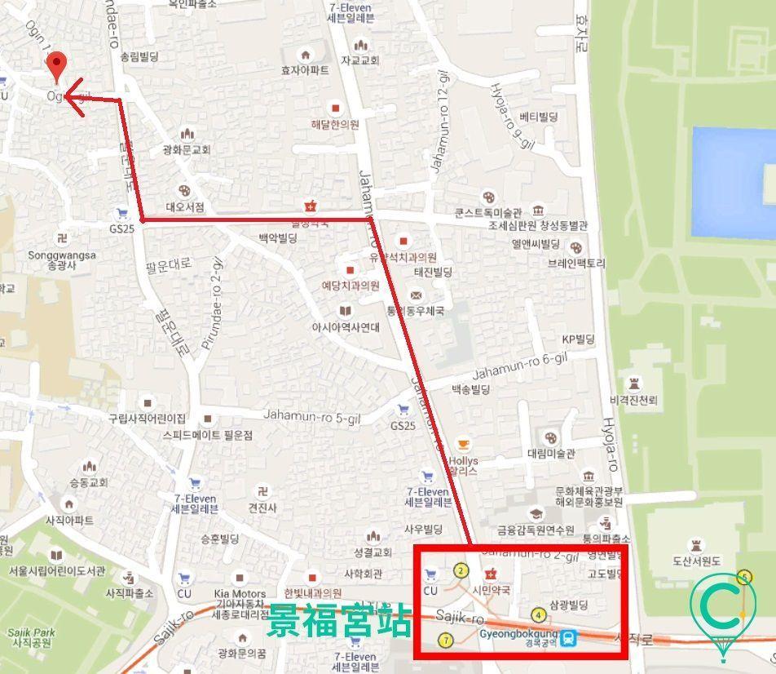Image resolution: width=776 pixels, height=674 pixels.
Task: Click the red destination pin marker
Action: pos(55,66)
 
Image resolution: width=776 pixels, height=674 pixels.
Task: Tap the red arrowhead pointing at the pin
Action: pos(72,100)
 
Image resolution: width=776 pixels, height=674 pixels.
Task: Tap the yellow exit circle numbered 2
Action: pos(461,571)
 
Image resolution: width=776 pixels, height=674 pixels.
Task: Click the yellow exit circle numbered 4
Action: pos(538,615)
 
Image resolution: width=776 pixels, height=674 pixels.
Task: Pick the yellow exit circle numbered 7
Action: pos(445,640)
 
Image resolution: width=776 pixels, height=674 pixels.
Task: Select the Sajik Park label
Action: pos(30,636)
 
